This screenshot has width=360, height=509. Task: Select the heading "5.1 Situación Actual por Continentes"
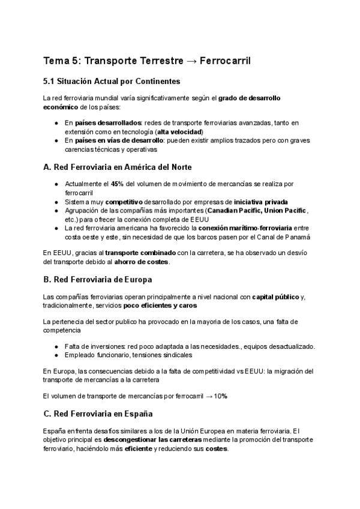(x=112, y=82)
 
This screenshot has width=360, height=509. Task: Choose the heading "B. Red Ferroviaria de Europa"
(x=98, y=280)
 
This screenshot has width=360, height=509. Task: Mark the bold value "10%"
(x=220, y=397)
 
